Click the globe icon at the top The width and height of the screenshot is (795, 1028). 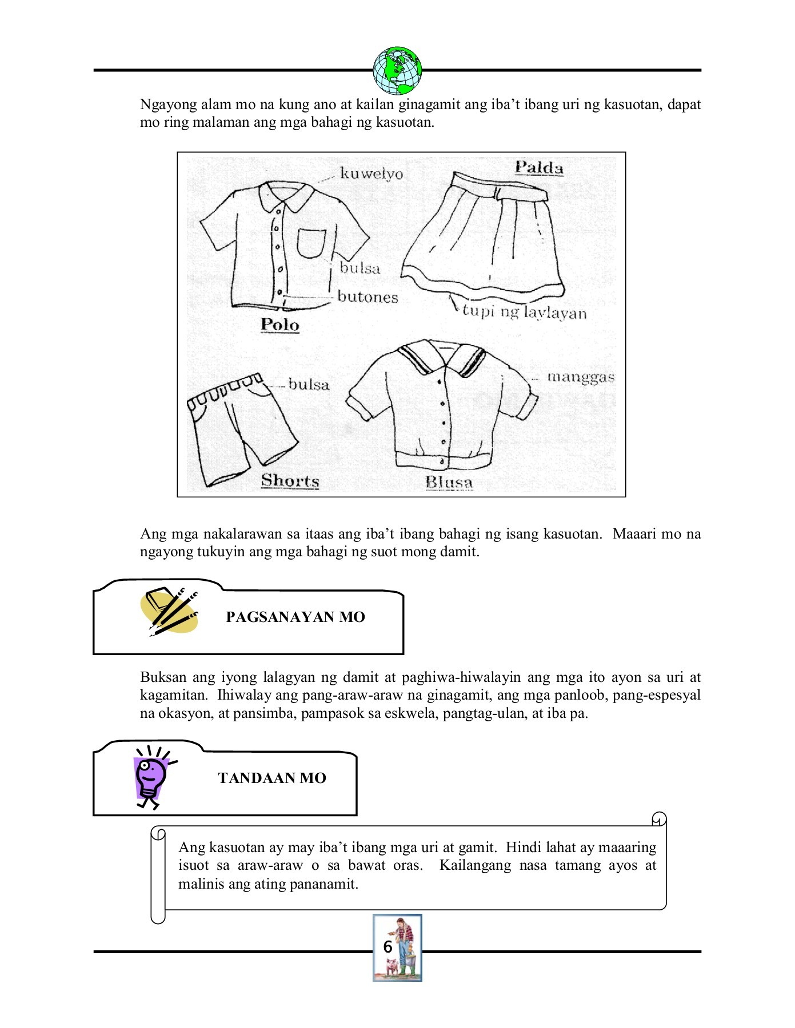point(397,71)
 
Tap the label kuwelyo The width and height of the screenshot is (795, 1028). point(371,174)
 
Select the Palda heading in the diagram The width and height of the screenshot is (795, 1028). point(539,167)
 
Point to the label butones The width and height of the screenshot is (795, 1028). point(367,297)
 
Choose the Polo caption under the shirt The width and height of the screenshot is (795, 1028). point(280,324)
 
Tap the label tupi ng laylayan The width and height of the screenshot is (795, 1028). point(524,312)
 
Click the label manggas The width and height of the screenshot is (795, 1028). point(581,377)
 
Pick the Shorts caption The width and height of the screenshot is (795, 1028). point(290,481)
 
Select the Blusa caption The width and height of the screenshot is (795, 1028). point(449,483)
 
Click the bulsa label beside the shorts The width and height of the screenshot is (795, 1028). point(309,384)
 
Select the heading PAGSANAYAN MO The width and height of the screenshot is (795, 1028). point(295,617)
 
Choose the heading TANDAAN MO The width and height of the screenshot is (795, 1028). point(272,778)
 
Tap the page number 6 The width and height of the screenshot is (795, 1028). point(387,947)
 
